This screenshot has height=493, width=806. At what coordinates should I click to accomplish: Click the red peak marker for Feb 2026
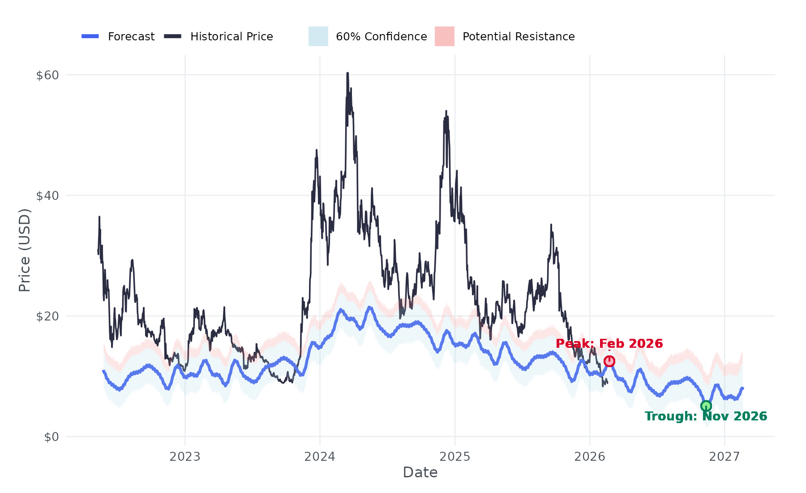click(609, 361)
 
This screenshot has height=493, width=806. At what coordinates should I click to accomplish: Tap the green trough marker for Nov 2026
click(706, 406)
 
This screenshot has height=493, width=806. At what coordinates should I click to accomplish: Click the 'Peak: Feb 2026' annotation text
click(609, 344)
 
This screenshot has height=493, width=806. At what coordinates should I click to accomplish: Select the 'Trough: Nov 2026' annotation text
click(706, 416)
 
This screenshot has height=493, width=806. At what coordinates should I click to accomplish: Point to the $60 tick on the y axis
click(47, 75)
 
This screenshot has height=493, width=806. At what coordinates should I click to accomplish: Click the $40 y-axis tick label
click(47, 196)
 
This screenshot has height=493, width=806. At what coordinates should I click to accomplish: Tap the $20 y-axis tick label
click(47, 316)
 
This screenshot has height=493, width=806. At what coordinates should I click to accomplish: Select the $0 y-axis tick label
click(51, 437)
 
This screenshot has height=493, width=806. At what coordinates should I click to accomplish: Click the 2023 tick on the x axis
click(185, 457)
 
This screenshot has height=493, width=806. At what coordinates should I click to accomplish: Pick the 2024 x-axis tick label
click(320, 457)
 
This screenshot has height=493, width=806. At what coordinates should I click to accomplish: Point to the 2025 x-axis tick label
click(455, 457)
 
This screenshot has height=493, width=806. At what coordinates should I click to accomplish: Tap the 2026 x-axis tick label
click(590, 457)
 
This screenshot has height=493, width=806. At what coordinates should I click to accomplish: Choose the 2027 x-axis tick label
click(725, 457)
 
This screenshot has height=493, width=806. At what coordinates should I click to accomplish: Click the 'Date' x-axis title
click(420, 472)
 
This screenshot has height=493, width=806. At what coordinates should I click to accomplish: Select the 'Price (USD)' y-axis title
click(25, 250)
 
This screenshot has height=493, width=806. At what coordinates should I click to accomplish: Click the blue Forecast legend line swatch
click(90, 36)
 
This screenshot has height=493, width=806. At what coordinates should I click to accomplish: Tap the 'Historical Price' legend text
click(232, 36)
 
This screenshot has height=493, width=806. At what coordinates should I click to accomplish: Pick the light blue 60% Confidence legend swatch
click(318, 36)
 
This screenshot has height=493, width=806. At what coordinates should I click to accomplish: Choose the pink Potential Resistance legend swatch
click(444, 36)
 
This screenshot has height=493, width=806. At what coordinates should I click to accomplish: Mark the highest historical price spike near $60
click(347, 74)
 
